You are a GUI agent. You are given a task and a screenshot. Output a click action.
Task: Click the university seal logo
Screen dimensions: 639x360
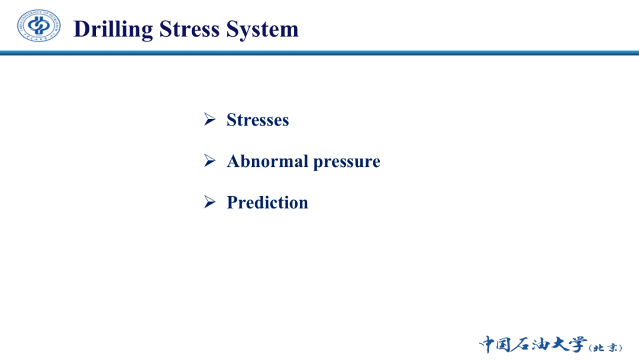(38, 25)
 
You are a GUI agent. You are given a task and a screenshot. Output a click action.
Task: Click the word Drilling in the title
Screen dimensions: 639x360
(113, 30)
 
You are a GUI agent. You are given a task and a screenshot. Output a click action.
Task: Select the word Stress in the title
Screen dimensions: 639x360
(189, 29)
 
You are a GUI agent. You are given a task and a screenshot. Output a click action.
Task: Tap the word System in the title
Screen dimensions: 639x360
(262, 30)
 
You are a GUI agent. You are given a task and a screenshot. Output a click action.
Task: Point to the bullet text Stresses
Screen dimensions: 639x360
(257, 120)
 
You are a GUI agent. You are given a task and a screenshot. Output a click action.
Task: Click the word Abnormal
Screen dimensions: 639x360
(267, 161)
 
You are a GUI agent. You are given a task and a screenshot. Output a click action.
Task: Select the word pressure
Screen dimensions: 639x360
(346, 162)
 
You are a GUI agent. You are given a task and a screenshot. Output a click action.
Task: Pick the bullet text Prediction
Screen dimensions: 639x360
(267, 202)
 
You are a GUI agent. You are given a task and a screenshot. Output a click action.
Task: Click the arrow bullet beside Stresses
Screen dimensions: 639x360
(209, 120)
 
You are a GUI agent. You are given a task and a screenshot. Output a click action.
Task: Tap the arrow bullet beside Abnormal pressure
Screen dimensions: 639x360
(209, 160)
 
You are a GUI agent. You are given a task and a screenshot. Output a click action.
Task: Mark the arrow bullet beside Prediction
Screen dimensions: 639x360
(209, 202)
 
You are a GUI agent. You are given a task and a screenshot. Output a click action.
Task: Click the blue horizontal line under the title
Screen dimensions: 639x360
(319, 53)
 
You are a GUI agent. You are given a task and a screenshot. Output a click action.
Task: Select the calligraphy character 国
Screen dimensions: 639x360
(504, 345)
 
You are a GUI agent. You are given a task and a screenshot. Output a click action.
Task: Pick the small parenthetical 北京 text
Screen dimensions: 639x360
(606, 348)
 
